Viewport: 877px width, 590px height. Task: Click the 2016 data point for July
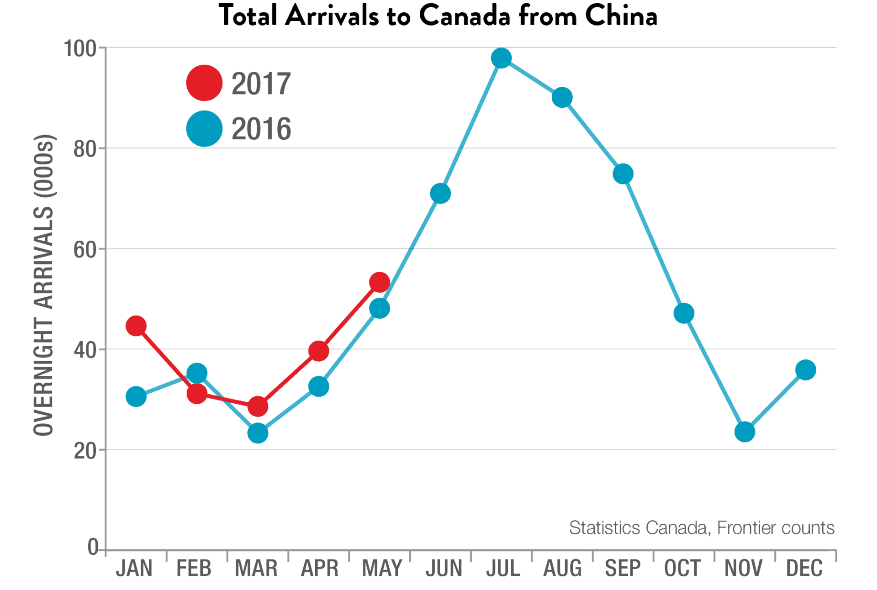(501, 58)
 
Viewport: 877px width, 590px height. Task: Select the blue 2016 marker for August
(562, 98)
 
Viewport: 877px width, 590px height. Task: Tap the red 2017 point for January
(136, 326)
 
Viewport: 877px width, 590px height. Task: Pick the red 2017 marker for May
(380, 282)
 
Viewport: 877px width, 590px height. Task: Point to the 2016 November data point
(745, 432)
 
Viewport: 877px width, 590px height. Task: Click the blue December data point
(805, 370)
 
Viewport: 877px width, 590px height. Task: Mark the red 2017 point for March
(258, 406)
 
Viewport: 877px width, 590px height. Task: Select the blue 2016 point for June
(440, 194)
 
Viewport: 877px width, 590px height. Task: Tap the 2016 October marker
(684, 313)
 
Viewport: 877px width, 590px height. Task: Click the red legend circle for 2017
(204, 83)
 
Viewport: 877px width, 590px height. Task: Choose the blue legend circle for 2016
(204, 129)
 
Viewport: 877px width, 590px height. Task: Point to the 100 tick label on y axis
(80, 48)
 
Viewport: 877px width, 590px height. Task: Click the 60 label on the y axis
(85, 249)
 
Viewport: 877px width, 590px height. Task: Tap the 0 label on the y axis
(93, 547)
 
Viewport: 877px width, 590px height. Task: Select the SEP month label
(623, 569)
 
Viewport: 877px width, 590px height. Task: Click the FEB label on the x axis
(194, 569)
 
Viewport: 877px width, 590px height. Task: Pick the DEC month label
(804, 569)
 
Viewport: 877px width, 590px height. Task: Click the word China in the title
(621, 16)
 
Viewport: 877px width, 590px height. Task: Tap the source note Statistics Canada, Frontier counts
(702, 528)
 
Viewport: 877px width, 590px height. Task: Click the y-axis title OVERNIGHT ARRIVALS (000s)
(44, 285)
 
